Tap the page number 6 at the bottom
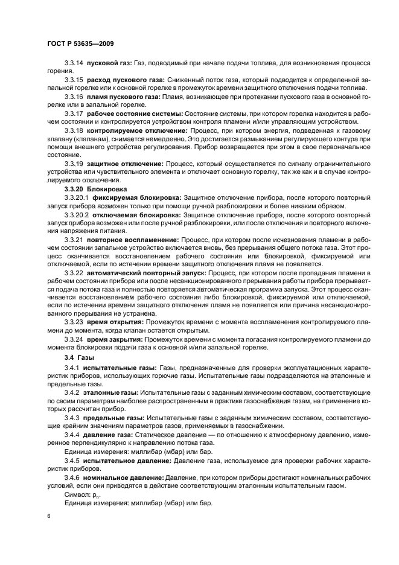point(48,516)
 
